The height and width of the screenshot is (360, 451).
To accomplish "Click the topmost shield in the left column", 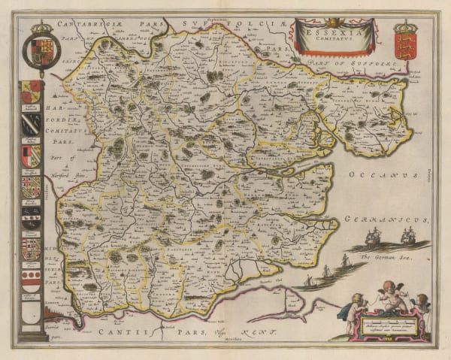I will click(x=31, y=92).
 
